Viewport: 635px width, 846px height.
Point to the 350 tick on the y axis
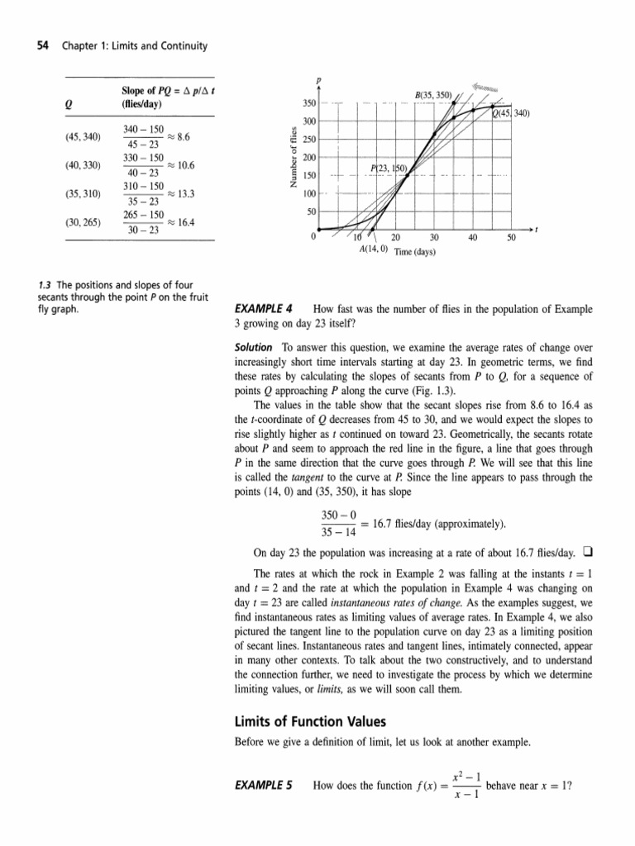309,103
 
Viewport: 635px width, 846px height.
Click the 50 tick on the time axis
511,237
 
